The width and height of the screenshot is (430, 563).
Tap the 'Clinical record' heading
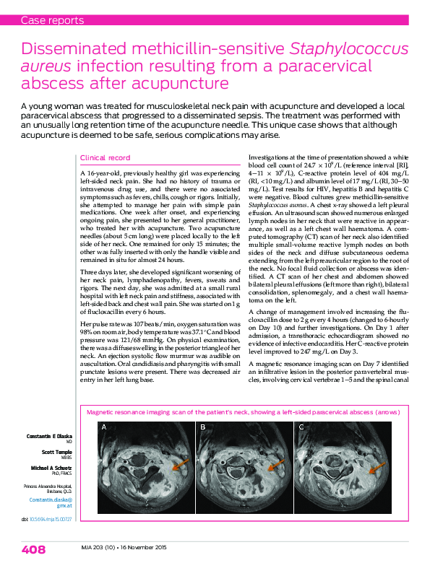click(106, 157)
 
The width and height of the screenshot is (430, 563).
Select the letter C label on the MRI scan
click(301, 428)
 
